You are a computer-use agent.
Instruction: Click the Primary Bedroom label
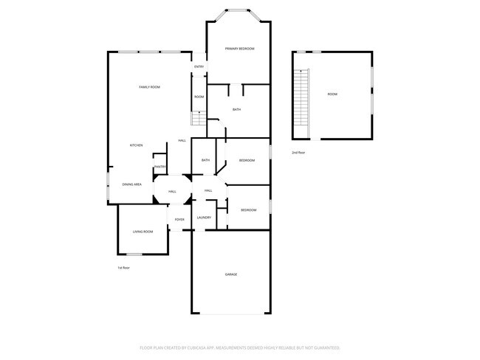click(239, 49)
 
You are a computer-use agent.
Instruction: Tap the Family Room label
click(150, 87)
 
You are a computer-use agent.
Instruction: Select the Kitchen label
click(137, 145)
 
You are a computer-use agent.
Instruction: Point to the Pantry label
click(160, 167)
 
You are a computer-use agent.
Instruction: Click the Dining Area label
click(132, 184)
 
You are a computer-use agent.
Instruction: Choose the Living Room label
click(143, 232)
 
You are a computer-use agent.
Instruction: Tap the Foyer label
click(179, 220)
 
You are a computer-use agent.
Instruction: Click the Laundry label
click(205, 218)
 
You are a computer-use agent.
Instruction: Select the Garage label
click(231, 274)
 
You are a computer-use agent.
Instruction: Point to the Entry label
click(199, 67)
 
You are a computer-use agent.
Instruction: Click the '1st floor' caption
click(123, 268)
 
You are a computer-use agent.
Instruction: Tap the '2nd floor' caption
click(298, 152)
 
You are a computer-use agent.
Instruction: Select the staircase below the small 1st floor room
click(198, 118)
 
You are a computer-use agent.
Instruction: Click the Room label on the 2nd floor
click(332, 94)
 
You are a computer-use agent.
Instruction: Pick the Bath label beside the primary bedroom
click(236, 110)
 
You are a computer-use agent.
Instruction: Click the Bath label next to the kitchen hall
click(205, 160)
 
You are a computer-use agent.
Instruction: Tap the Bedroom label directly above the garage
click(248, 210)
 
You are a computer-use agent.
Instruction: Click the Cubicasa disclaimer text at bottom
click(239, 347)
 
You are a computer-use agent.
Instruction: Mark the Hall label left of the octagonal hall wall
click(171, 192)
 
